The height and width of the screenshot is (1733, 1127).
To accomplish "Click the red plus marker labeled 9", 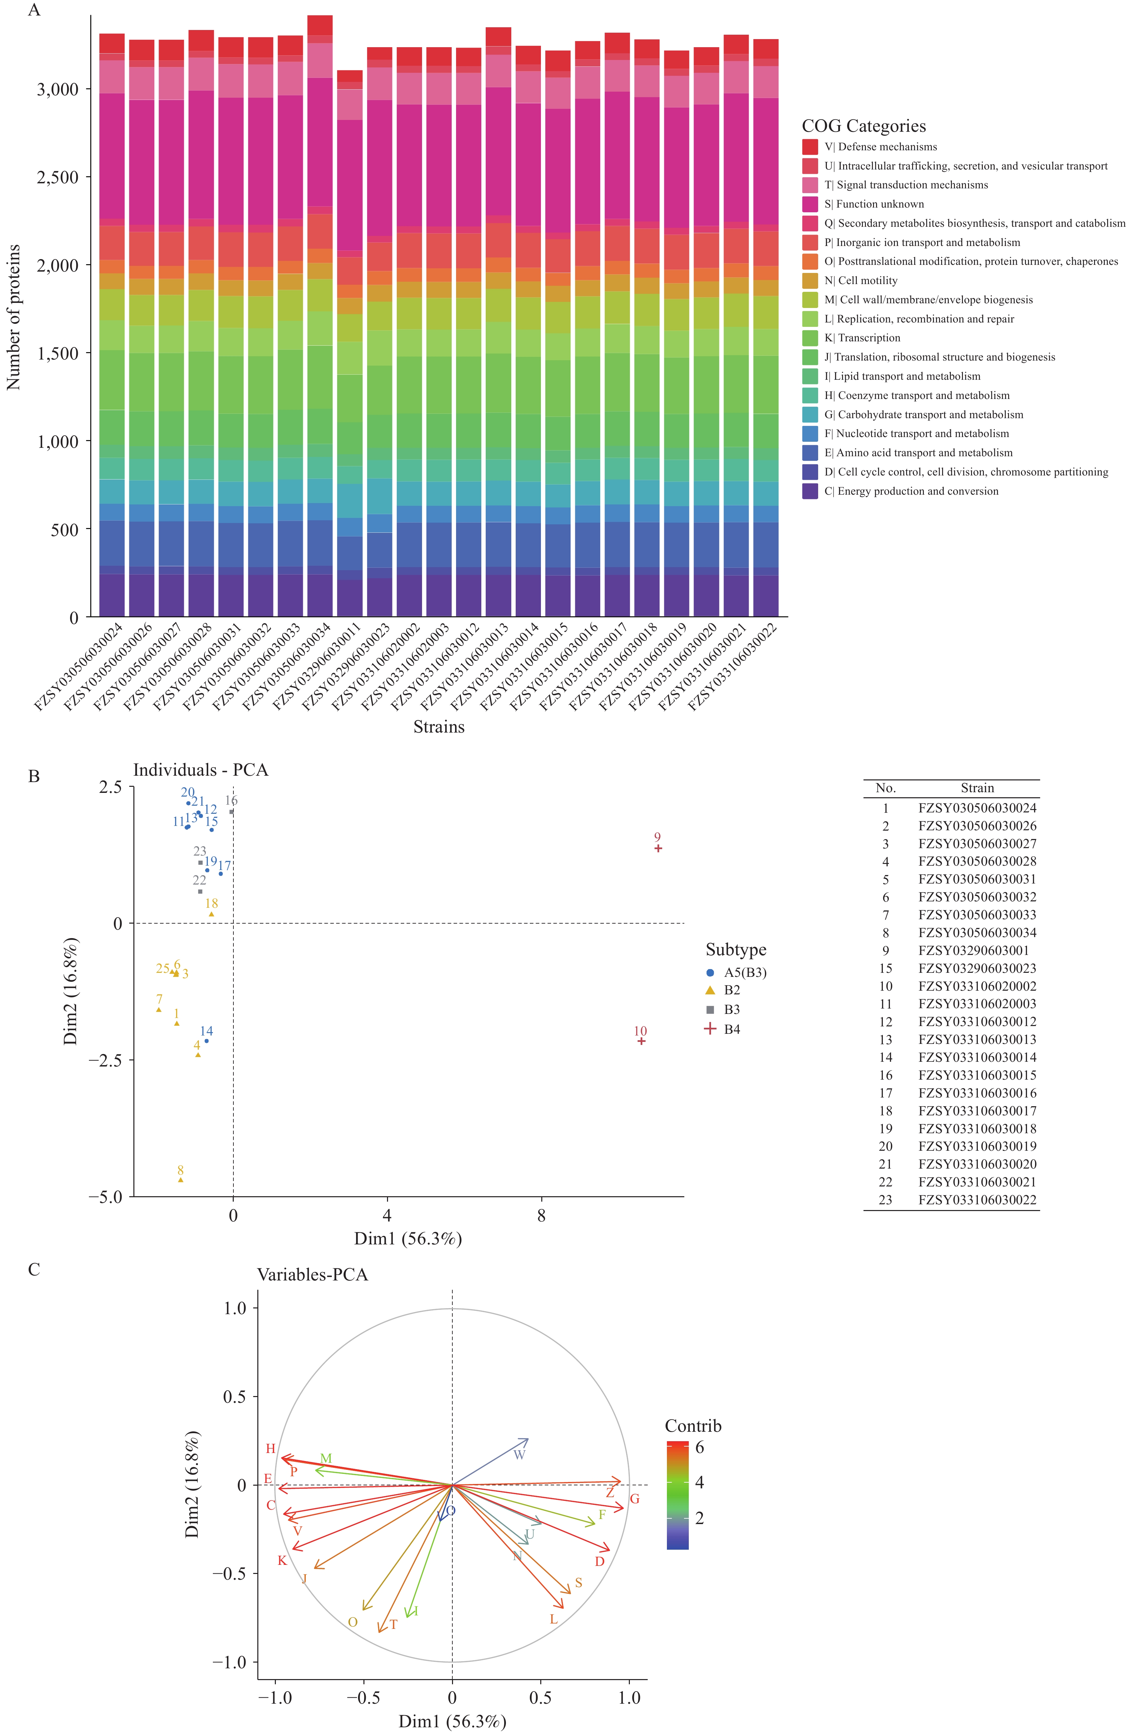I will point(658,848).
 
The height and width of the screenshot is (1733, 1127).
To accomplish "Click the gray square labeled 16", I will point(231,811).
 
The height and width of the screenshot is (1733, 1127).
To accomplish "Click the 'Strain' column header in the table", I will point(977,788).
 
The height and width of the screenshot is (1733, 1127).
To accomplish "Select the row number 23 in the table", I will point(885,1200).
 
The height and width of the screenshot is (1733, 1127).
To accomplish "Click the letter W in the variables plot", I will point(519,1455).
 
